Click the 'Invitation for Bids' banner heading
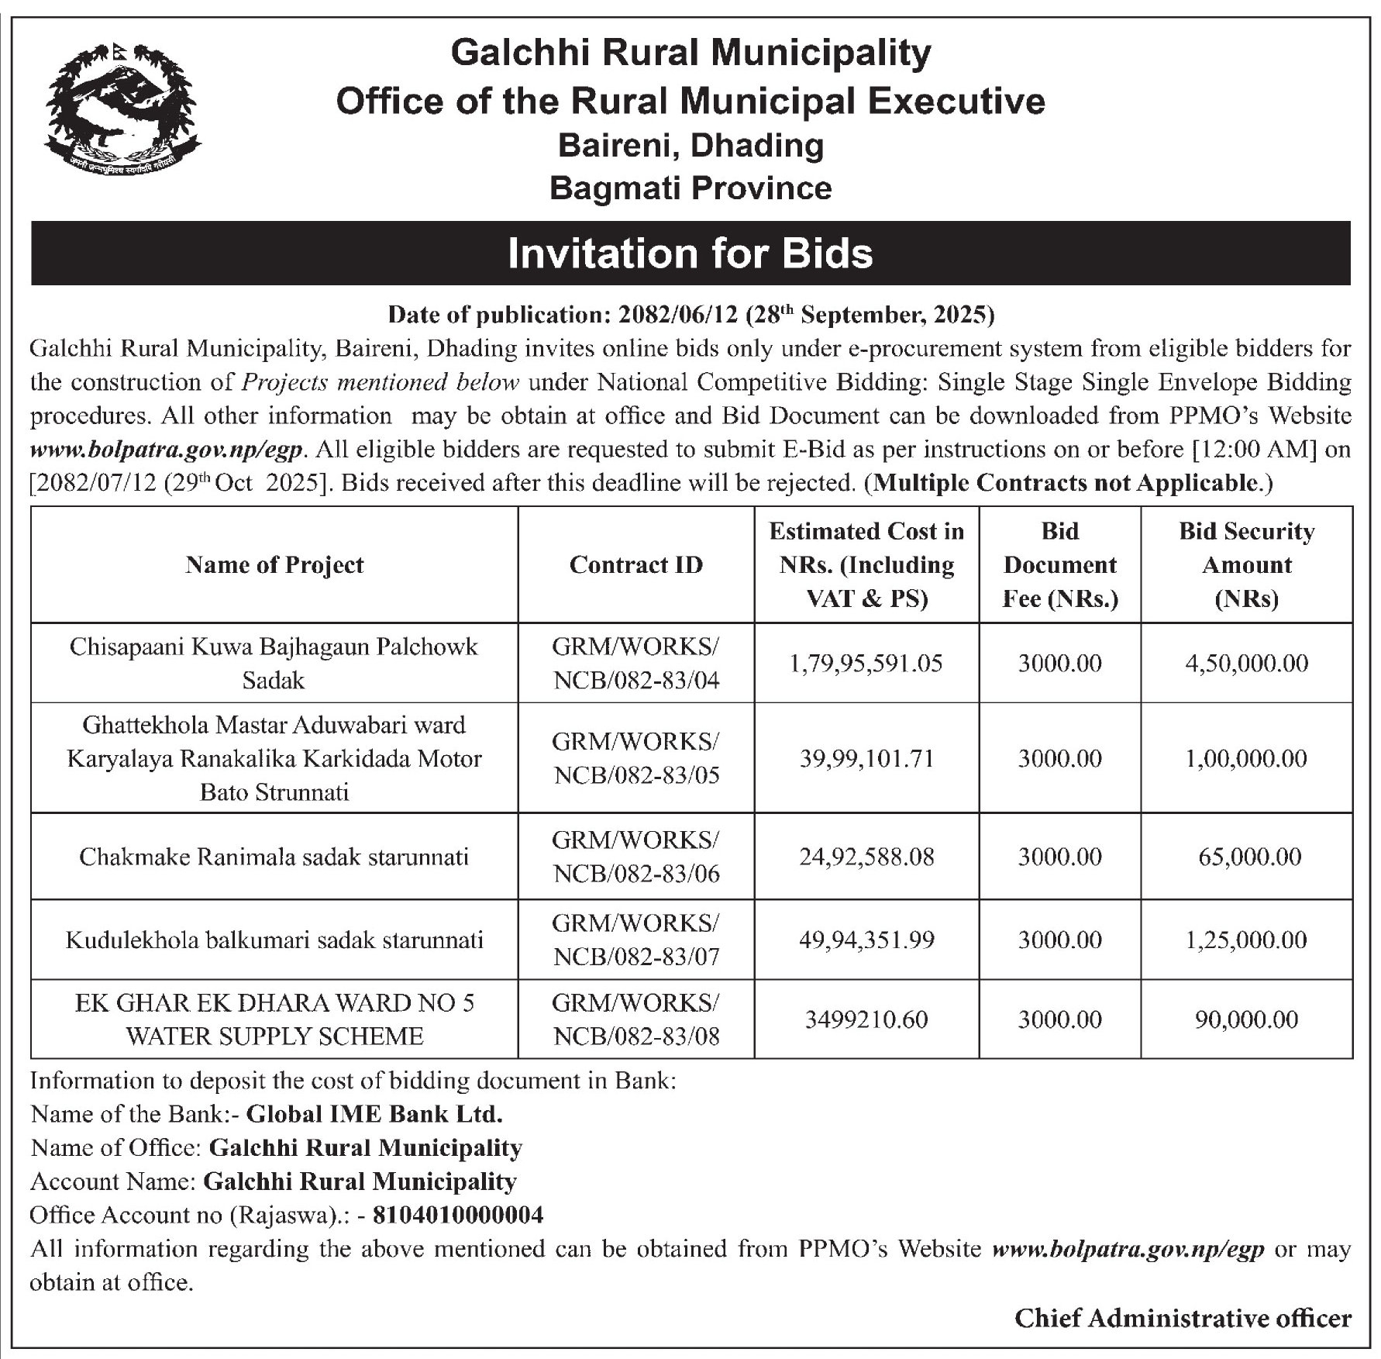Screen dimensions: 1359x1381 coord(690,254)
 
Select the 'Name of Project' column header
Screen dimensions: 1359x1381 coord(274,565)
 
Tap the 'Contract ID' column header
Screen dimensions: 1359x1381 coord(635,565)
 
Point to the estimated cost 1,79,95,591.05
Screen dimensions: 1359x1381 coord(866,664)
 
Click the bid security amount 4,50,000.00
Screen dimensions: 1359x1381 coord(1246,664)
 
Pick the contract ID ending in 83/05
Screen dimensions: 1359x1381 coord(635,758)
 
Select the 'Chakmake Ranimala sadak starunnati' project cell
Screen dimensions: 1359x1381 coord(274,857)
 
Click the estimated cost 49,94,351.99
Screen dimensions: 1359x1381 coord(866,940)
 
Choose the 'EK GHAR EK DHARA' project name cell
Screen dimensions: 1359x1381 coord(274,1019)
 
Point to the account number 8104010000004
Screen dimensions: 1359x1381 coord(458,1215)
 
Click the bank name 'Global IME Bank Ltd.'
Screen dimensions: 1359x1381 coord(374,1115)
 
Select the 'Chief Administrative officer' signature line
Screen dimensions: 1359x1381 coord(1183,1319)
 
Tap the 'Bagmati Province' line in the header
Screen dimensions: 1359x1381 coord(690,188)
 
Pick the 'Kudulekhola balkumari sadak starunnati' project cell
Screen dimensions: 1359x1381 coord(274,940)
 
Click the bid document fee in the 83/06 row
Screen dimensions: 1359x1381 coord(1059,857)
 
